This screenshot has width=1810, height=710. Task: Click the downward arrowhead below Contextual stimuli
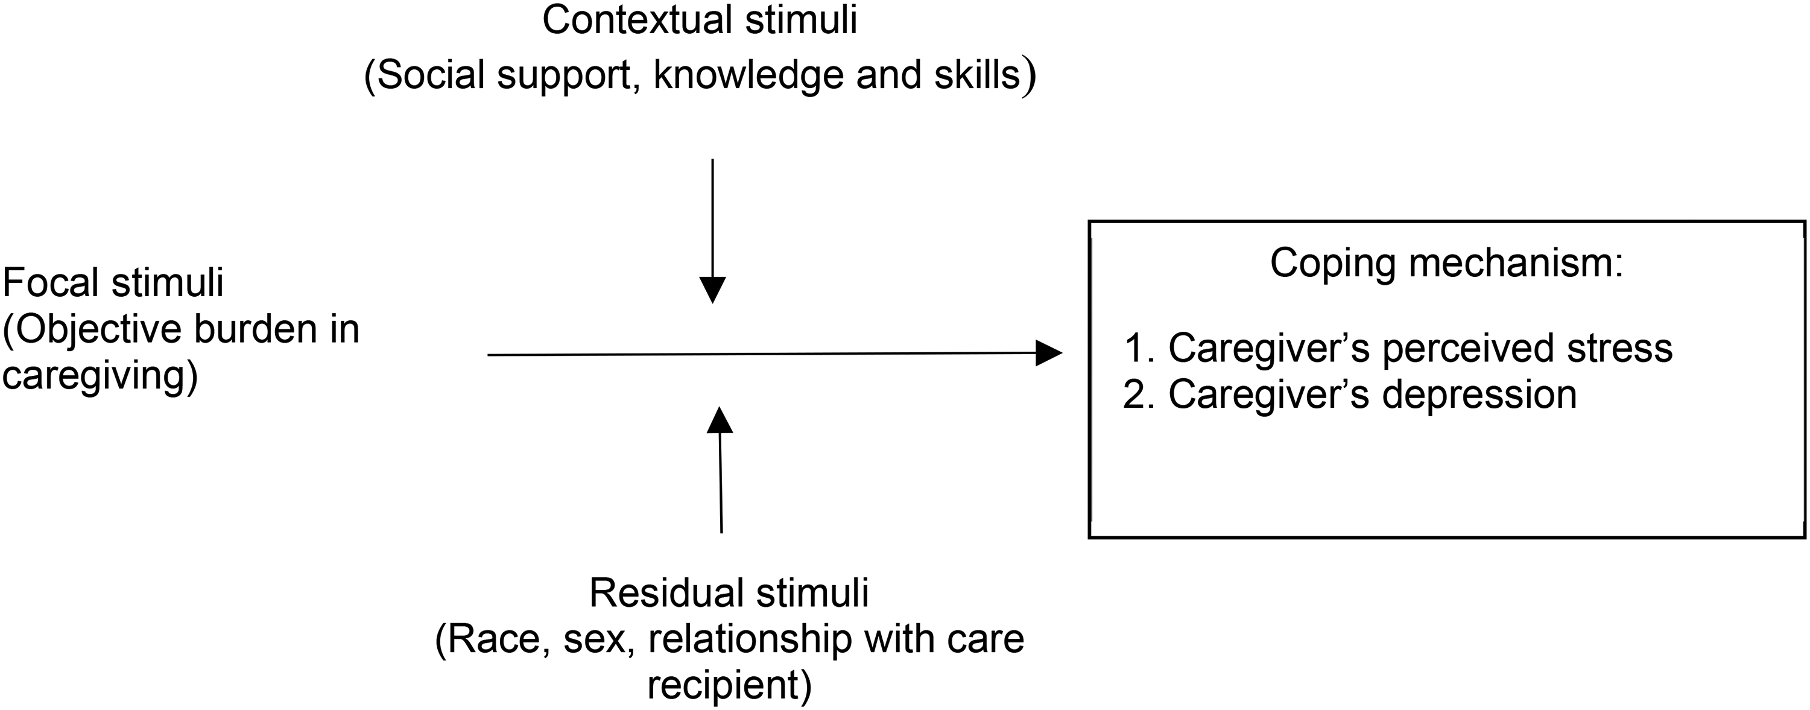712,290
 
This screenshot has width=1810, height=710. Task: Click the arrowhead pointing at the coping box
1049,353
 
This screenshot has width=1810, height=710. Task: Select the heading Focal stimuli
113,282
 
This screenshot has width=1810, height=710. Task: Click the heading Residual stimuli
729,592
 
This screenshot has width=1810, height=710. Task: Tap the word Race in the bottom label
493,639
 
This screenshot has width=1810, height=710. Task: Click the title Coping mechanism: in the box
1447,264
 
